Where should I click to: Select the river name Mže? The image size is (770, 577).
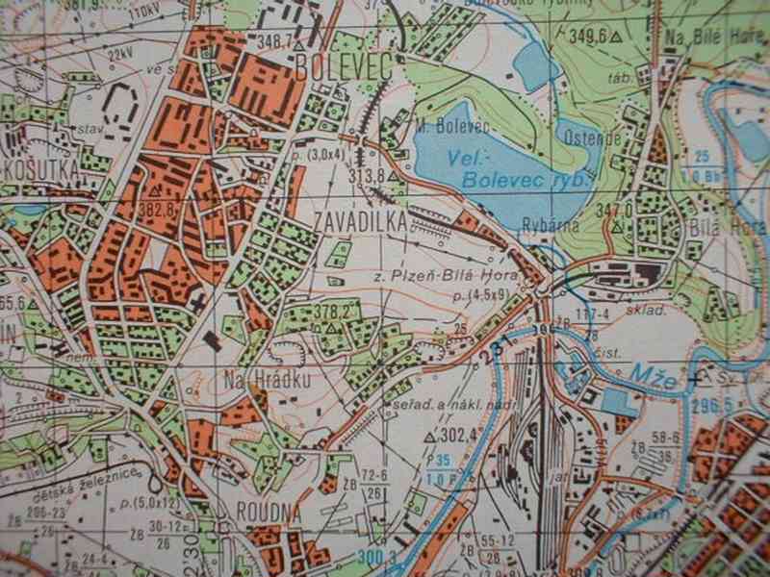pyautogui.click(x=653, y=371)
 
